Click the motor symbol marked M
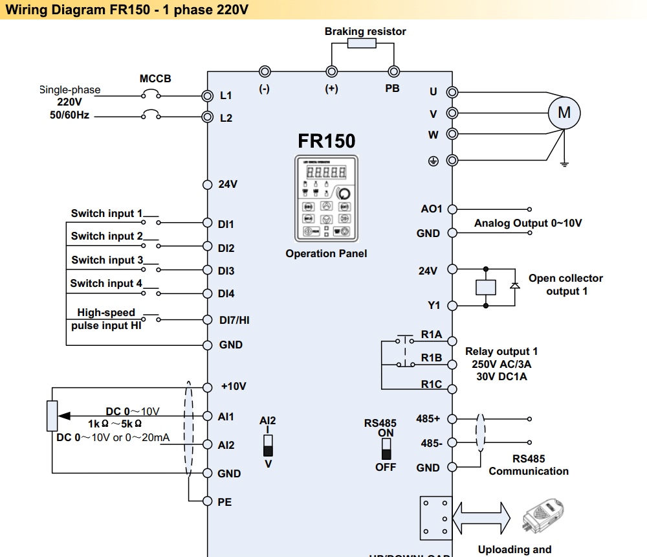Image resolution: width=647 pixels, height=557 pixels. [x=564, y=113]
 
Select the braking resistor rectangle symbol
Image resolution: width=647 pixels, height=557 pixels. [x=362, y=43]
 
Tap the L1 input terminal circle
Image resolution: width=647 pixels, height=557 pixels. [x=208, y=96]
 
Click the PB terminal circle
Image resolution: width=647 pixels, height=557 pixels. [x=393, y=72]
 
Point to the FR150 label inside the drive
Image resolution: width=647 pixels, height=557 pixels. [x=326, y=141]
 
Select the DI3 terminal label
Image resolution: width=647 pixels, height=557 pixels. [x=226, y=271]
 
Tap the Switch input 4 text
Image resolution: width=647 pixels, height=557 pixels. [x=106, y=283]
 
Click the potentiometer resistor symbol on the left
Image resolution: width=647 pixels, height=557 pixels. [x=52, y=416]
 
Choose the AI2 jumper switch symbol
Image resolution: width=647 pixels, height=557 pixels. [x=268, y=445]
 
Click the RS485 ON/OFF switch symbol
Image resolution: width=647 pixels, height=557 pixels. [x=386, y=448]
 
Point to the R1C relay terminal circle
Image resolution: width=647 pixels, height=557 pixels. [x=452, y=388]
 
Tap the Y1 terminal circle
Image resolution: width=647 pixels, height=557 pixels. [x=452, y=305]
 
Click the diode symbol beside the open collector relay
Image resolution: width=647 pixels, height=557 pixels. [x=515, y=286]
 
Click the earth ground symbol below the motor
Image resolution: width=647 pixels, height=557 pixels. [x=564, y=163]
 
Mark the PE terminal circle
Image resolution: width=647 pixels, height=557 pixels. [x=208, y=501]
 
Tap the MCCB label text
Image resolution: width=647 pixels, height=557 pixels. [x=155, y=79]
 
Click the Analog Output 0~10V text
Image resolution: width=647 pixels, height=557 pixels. [x=528, y=223]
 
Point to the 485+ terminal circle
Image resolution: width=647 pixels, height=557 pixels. [x=452, y=419]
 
